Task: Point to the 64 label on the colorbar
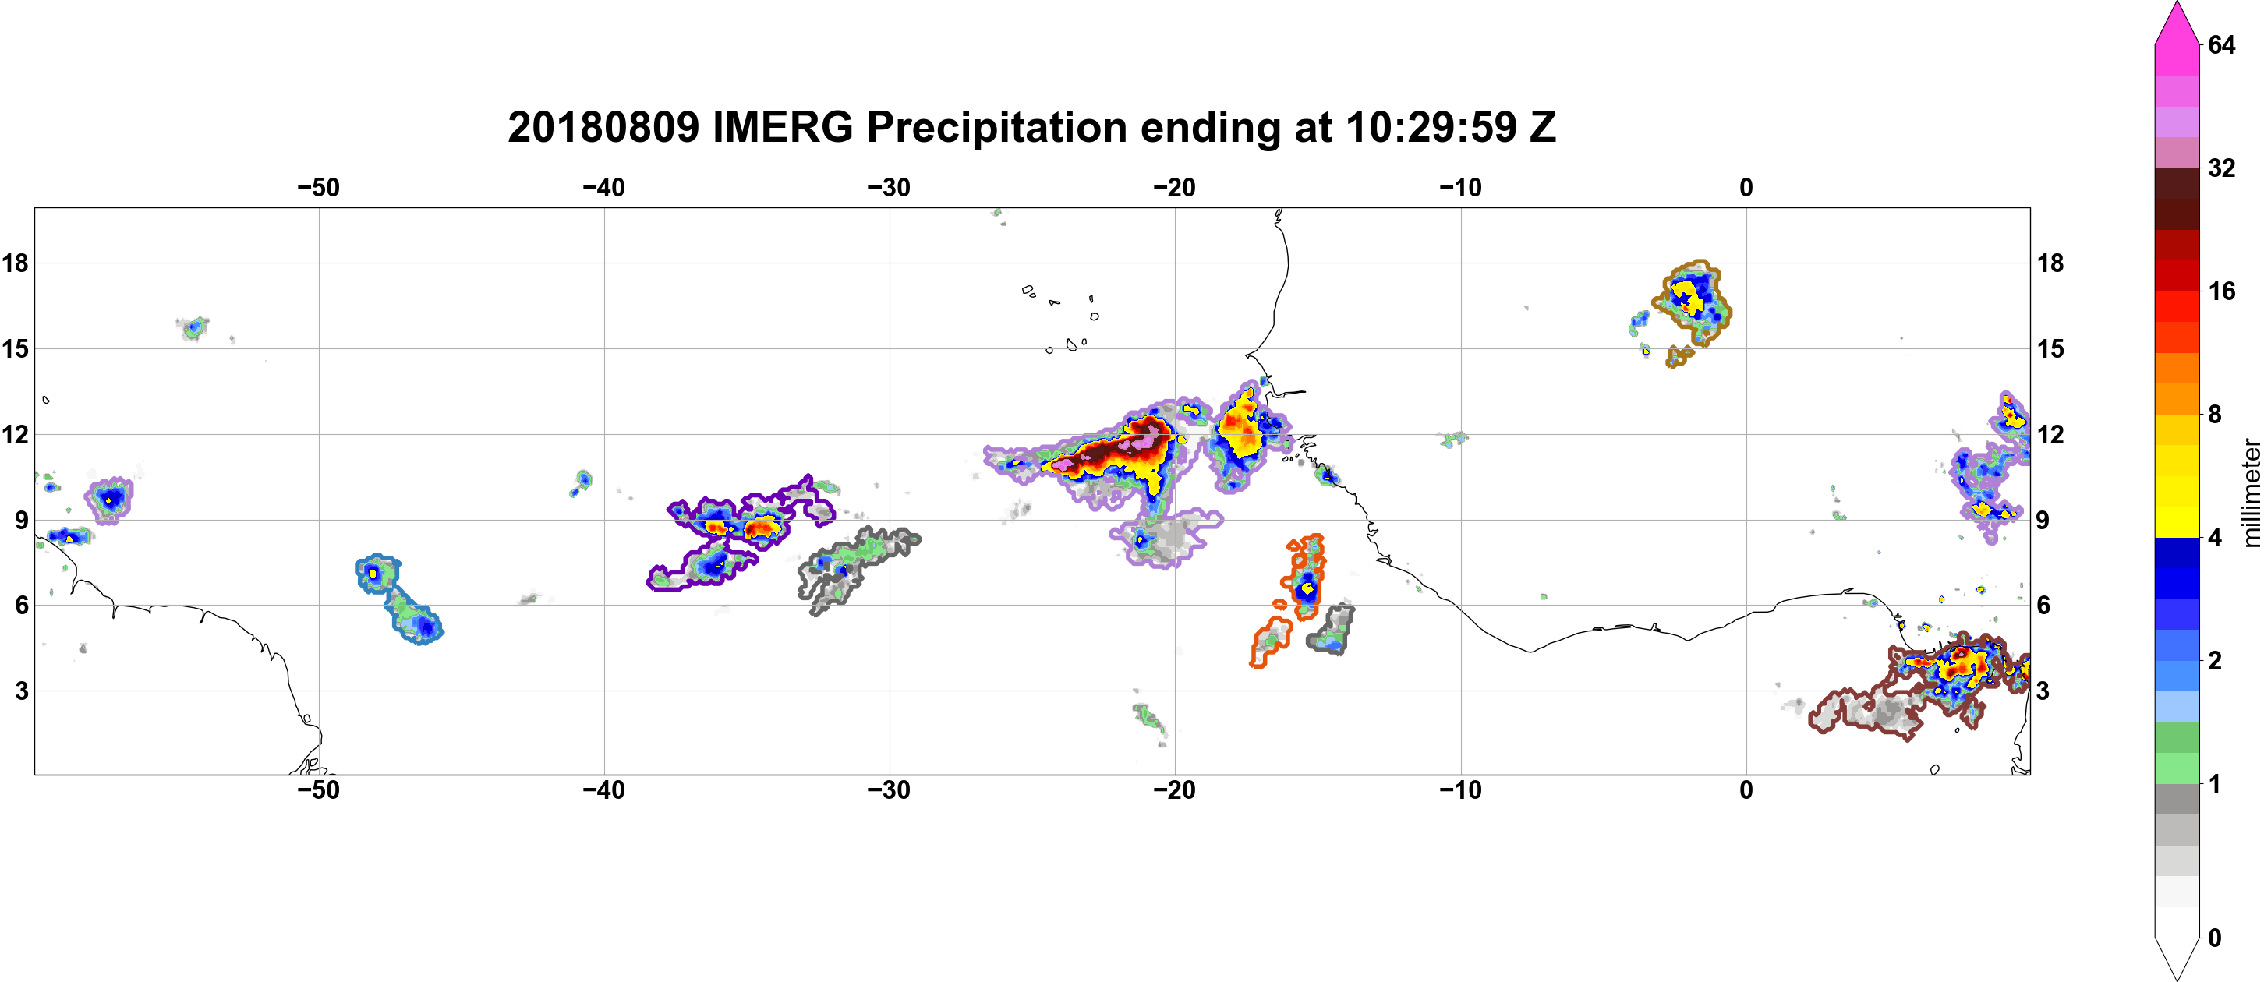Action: pyautogui.click(x=2222, y=44)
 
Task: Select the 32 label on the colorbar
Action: pyautogui.click(x=2222, y=168)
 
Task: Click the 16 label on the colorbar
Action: pyautogui.click(x=2222, y=291)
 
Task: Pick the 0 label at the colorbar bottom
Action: pyautogui.click(x=2215, y=938)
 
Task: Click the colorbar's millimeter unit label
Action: pyautogui.click(x=2251, y=493)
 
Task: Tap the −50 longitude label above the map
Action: pyautogui.click(x=318, y=188)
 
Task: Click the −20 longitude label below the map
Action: pyautogui.click(x=1175, y=790)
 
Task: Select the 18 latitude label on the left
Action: pyautogui.click(x=15, y=263)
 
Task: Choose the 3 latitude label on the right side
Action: pyautogui.click(x=2043, y=691)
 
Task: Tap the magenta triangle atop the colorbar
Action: pyautogui.click(x=2177, y=23)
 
